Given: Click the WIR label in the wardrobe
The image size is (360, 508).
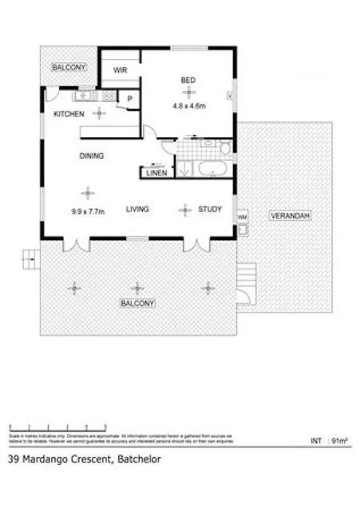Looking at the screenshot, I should (x=121, y=70).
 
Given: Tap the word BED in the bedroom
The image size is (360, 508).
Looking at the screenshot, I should (x=188, y=80).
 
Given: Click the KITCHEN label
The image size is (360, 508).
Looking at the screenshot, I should (x=69, y=115).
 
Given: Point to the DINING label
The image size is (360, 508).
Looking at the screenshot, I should (x=91, y=156).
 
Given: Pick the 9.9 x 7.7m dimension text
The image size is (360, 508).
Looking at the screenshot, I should (x=86, y=212).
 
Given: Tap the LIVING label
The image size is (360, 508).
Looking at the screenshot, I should (x=139, y=210).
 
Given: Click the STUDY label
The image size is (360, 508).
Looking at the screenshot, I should (x=210, y=210).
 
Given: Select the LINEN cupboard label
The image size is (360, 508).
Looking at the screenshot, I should (x=156, y=172).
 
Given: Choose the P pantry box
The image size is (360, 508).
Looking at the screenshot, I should (x=129, y=99).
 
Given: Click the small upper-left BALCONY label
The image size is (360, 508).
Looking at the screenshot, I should (x=69, y=68).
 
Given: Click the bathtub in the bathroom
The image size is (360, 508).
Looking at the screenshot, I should (x=212, y=168).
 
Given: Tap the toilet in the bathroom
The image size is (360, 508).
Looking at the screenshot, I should (x=226, y=148).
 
